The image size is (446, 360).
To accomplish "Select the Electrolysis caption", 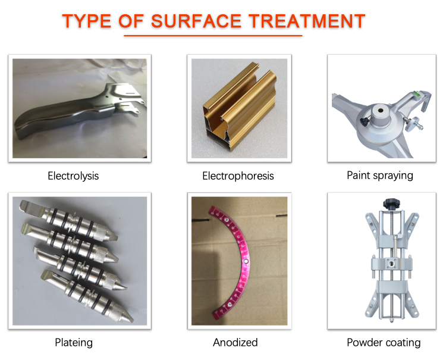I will pyautogui.click(x=73, y=176).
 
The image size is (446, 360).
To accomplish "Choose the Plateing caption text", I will pyautogui.click(x=73, y=342).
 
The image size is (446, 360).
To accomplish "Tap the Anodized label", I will pyautogui.click(x=235, y=342).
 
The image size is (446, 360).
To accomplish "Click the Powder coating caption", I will pyautogui.click(x=384, y=342).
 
